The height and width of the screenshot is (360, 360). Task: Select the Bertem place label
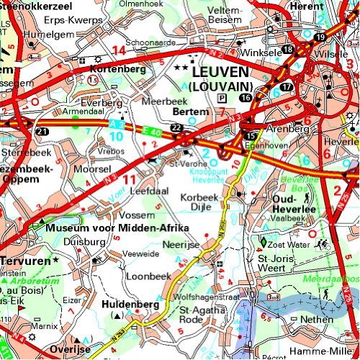click(x=191, y=112)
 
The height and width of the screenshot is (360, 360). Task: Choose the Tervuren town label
click(x=24, y=259)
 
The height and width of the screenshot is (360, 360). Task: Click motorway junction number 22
click(x=174, y=127)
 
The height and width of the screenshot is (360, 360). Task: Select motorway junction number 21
click(x=43, y=131)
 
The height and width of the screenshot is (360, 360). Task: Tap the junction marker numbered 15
click(x=250, y=136)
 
